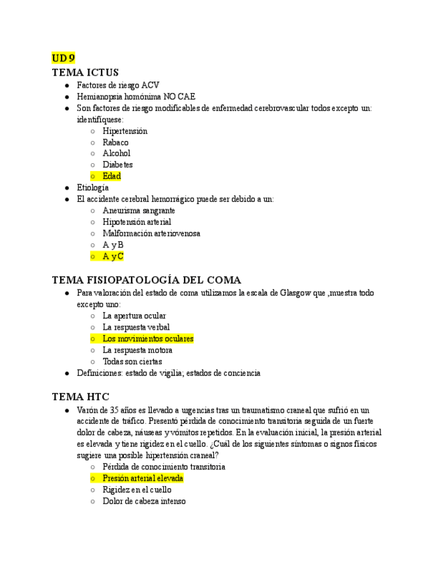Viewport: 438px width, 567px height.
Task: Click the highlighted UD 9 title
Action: pos(63,58)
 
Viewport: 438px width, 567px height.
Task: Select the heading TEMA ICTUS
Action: pos(85,72)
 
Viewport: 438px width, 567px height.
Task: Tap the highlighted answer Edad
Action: pos(112,176)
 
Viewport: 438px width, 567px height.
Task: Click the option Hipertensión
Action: pos(125,131)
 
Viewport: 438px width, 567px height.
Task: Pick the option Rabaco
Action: pos(116,142)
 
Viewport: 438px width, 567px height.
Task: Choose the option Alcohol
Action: pos(116,153)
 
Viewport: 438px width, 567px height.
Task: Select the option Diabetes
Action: pos(118,164)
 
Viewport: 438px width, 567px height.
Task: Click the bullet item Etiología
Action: pos(92,188)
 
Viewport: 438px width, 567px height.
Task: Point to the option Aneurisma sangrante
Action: pos(138,210)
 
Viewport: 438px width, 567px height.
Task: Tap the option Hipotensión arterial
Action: pos(136,221)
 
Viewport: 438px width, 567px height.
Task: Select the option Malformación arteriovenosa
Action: pos(151,233)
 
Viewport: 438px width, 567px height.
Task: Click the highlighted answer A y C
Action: pos(113,256)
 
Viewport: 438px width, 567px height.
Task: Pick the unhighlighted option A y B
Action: pos(113,245)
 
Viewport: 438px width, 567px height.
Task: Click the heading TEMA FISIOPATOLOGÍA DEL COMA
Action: pos(146,280)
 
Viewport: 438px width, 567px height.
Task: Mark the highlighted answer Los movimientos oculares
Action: pos(148,338)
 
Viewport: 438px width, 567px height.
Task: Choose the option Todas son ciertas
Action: pos(132,362)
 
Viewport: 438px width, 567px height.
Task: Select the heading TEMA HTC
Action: pos(80,396)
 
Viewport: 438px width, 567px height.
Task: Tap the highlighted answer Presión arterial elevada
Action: pos(142,478)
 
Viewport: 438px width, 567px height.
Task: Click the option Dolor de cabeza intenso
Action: pos(144,501)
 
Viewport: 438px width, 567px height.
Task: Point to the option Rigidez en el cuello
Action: pos(136,489)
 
